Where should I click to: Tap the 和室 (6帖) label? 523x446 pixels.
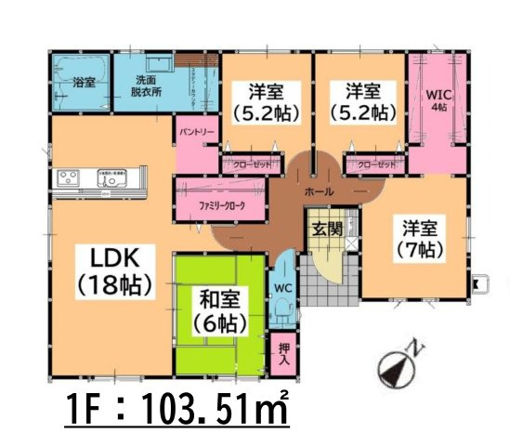[x=220, y=311]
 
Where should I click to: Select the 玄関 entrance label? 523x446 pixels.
[x=326, y=228]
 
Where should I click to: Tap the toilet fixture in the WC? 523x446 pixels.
[x=282, y=317]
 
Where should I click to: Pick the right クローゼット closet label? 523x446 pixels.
[x=376, y=164]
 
